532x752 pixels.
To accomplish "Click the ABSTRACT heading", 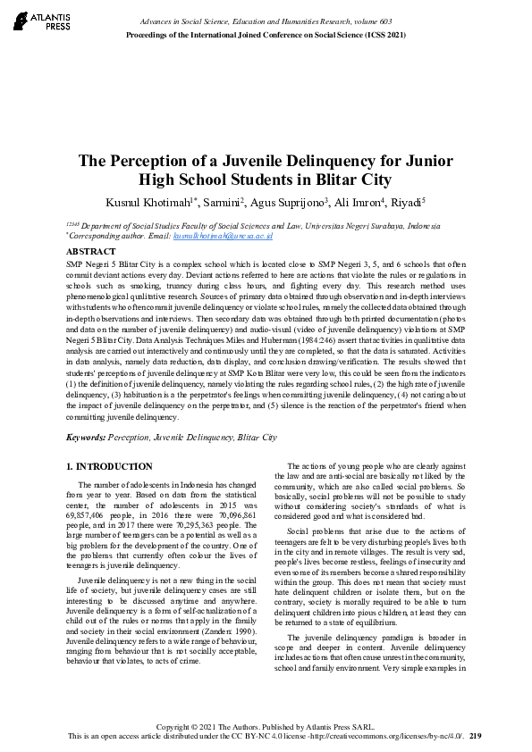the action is click(92, 253).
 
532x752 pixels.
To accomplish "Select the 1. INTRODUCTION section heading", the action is click(110, 466).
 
